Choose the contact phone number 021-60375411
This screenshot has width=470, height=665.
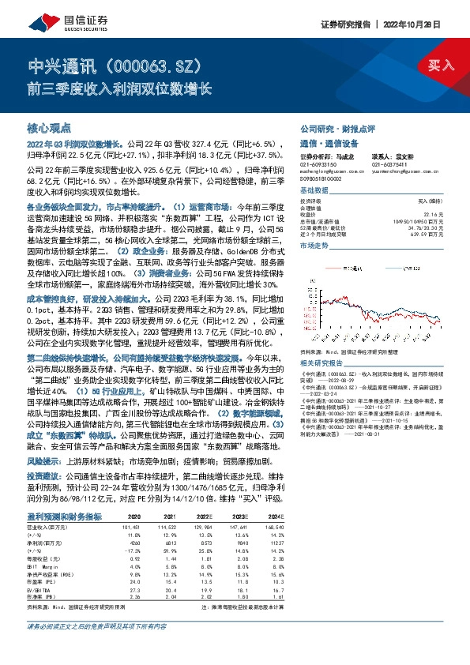pyautogui.click(x=386, y=163)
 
